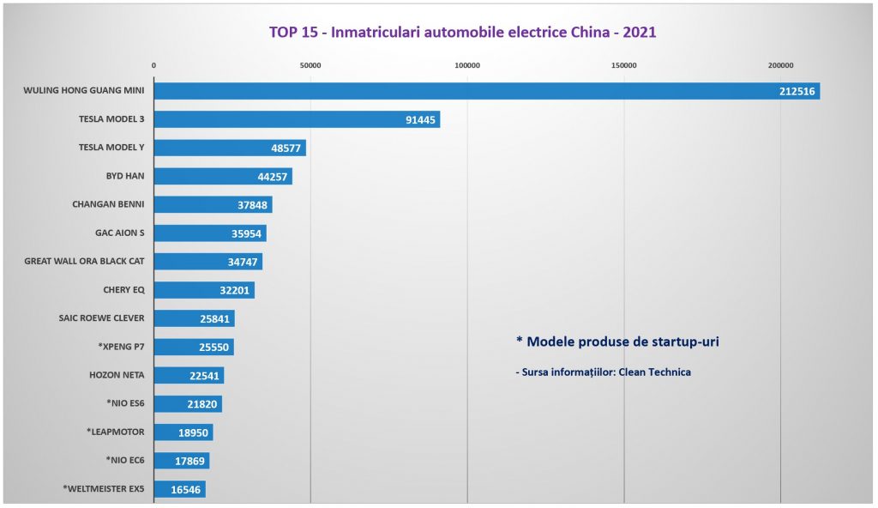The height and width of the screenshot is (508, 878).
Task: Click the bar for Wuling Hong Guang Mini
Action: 480,91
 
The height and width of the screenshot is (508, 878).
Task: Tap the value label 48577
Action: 286,148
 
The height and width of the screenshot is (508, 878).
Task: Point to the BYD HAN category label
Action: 124,176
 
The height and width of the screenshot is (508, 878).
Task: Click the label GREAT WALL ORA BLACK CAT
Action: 84,261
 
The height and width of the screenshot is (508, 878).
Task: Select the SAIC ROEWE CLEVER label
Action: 101,317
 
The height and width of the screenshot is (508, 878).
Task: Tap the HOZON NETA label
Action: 117,375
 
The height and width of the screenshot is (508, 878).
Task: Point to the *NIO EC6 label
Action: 125,460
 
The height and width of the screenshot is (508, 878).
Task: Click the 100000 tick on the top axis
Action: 467,66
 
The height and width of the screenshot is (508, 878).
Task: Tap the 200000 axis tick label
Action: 780,66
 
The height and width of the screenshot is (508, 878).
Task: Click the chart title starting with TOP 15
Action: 462,33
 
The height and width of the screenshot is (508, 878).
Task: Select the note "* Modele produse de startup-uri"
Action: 617,342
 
